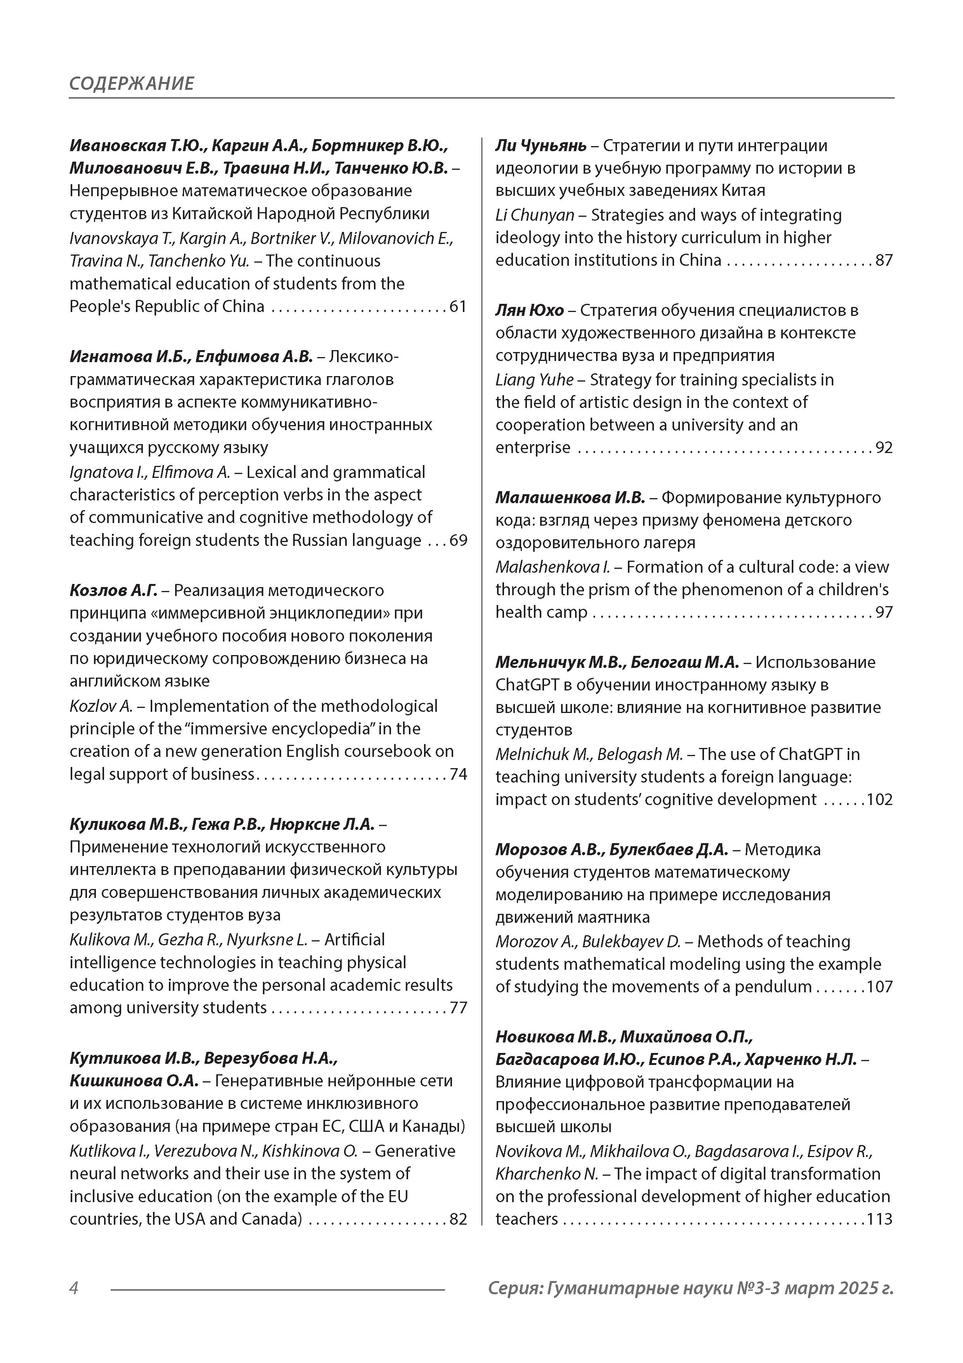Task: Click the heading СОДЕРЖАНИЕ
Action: [131, 83]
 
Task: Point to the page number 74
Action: [458, 774]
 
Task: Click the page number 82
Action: [458, 1219]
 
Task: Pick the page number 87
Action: [884, 261]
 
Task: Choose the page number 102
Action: [880, 800]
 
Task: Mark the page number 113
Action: [880, 1219]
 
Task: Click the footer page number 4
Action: [74, 1288]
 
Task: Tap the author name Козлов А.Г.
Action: [113, 591]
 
